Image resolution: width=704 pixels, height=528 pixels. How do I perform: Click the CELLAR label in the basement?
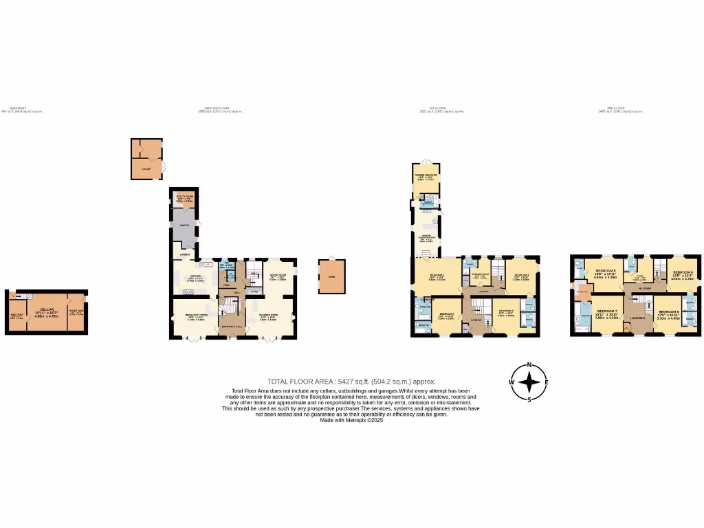47,310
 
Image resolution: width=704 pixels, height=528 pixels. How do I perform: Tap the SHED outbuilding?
331,276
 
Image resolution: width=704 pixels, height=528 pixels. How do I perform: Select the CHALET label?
146,168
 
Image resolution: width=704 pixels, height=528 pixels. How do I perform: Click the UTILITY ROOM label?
184,196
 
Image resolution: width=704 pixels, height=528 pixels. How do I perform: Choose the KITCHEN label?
196,276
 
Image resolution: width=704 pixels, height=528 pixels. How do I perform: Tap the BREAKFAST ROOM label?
195,316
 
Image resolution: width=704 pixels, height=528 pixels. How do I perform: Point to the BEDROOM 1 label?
437,275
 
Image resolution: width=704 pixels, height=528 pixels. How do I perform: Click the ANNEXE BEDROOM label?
426,175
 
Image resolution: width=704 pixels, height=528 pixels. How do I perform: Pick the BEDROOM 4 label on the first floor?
520,275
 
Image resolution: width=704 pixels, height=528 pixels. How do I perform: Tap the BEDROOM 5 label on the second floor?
605,271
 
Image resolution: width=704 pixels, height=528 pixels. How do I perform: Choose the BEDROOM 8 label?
668,311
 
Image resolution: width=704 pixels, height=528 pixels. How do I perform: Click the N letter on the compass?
529,364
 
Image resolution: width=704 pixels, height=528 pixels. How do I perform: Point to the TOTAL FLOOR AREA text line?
351,381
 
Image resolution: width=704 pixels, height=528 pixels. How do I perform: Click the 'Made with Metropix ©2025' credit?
351,420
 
